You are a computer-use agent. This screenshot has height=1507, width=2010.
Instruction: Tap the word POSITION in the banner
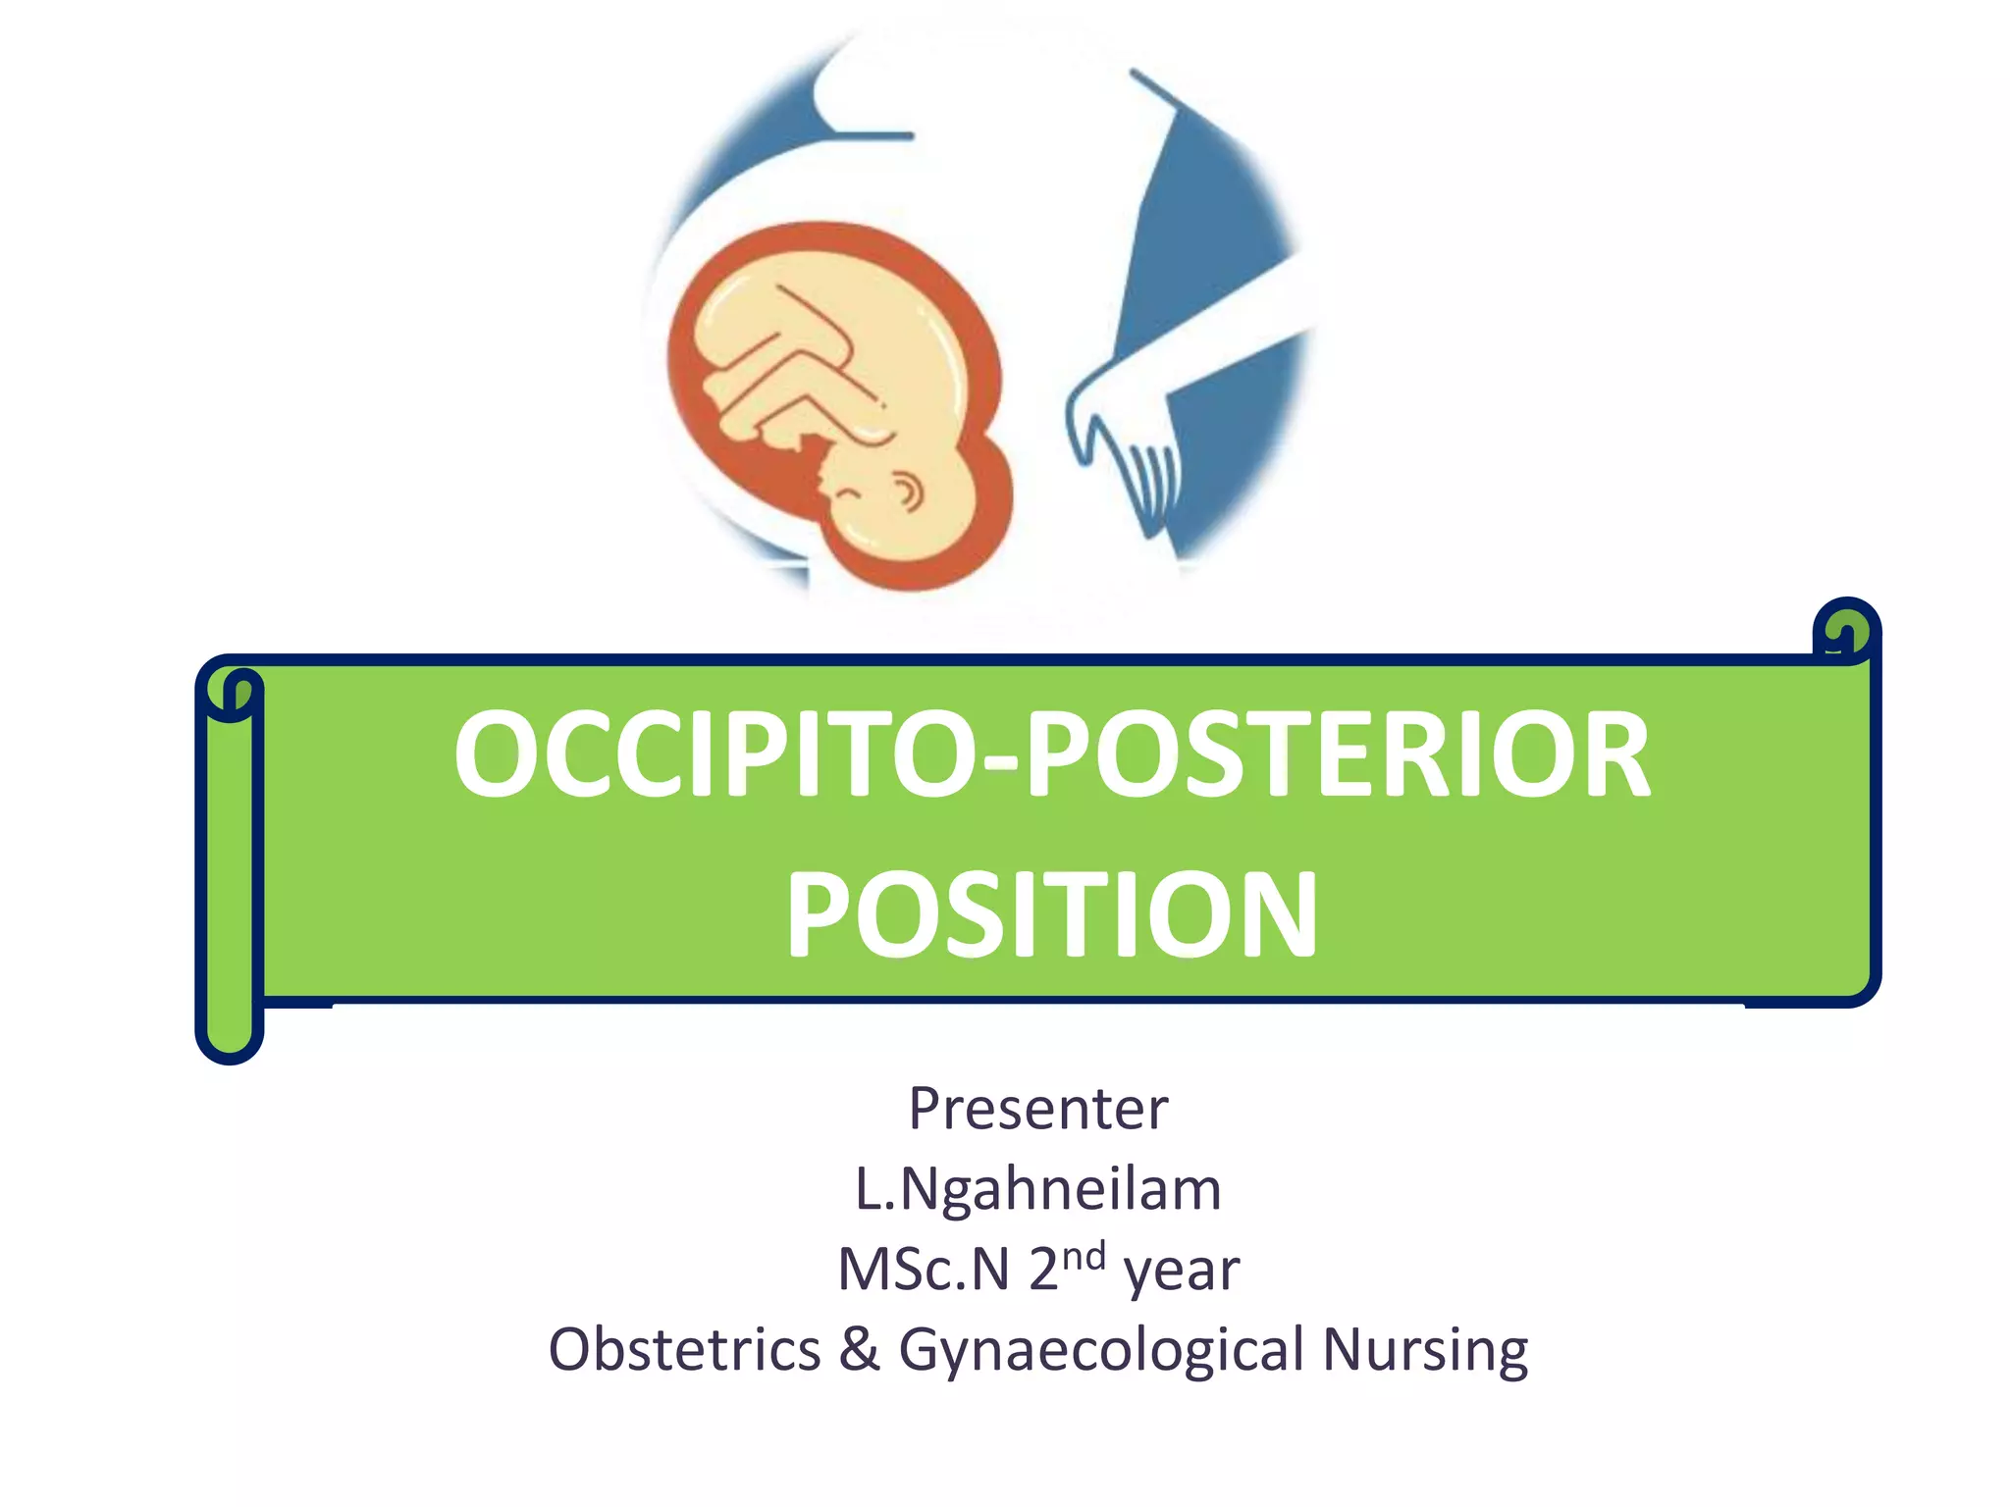(x=1052, y=914)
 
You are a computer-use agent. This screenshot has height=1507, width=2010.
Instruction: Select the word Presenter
(x=1038, y=1109)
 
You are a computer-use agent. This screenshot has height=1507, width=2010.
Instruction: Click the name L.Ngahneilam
(x=1038, y=1189)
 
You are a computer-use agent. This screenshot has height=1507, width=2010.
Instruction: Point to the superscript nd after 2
(x=1084, y=1255)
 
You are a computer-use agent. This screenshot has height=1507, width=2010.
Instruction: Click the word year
(x=1182, y=1272)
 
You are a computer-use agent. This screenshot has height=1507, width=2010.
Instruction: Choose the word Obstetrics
(x=684, y=1349)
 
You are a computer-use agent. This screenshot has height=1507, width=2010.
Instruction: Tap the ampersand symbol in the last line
(x=860, y=1349)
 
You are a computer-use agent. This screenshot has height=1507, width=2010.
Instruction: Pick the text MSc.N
(x=923, y=1270)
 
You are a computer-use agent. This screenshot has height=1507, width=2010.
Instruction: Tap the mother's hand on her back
(x=1129, y=442)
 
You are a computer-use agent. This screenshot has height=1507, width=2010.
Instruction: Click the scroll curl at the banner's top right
(x=1847, y=631)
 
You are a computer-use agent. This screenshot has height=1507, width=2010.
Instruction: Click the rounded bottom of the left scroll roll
(x=230, y=1040)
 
